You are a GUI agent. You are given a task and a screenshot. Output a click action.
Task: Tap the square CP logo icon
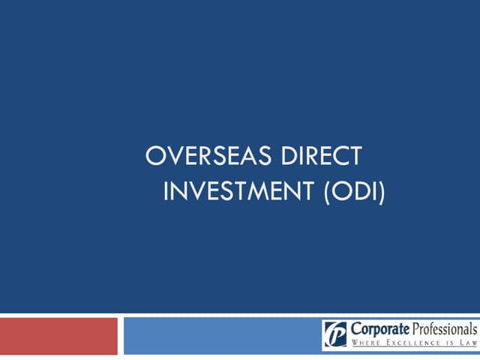(335, 334)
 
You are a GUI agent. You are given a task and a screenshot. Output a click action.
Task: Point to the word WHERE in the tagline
(365, 344)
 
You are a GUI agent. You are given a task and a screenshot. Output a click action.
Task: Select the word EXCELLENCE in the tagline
(411, 344)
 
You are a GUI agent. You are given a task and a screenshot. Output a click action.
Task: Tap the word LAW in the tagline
(467, 344)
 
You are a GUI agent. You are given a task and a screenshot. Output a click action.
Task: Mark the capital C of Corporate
(355, 329)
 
